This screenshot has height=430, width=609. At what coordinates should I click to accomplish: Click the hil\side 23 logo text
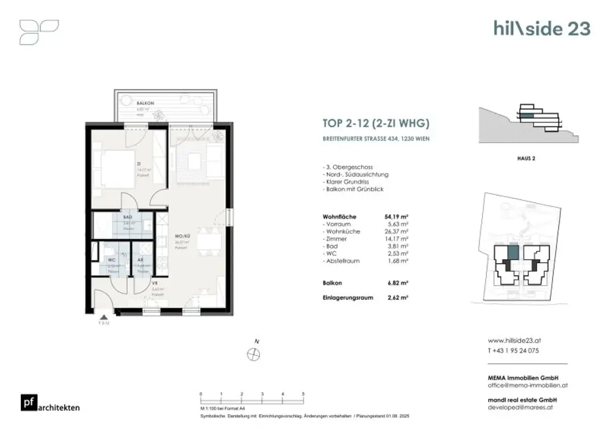[x=542, y=28]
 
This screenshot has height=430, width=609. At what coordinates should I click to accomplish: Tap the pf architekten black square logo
[x=27, y=403]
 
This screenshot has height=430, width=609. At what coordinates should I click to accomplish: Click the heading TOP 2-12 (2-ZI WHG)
[x=375, y=124]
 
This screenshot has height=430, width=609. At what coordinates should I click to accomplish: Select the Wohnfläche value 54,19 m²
[x=397, y=217]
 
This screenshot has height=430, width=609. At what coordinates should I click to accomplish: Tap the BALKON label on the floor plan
[x=129, y=103]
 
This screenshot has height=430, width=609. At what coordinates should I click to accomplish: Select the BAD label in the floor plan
[x=127, y=217]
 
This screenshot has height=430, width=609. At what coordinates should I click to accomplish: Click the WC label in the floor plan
[x=111, y=260]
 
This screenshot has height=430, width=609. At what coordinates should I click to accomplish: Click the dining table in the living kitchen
[x=211, y=240]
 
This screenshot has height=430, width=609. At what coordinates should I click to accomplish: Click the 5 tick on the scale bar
[x=303, y=394]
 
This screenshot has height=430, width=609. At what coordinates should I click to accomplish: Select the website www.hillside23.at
[x=514, y=341]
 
